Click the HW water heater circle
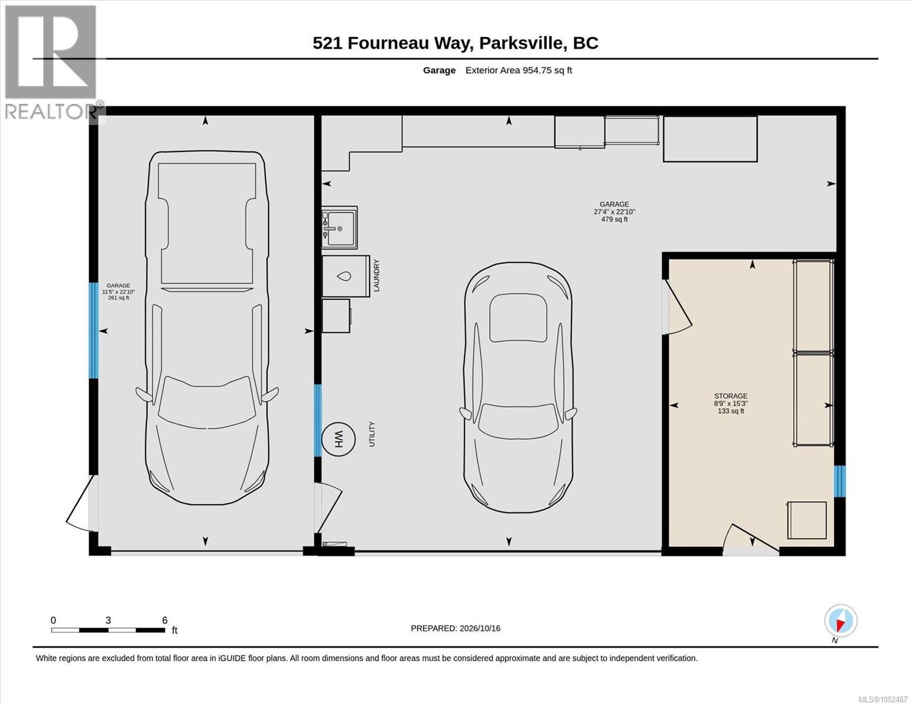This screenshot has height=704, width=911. [338, 439]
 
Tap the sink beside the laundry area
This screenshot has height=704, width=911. [340, 228]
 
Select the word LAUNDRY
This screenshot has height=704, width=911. [376, 276]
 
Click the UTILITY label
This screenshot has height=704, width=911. [372, 434]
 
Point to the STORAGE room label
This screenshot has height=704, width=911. [731, 396]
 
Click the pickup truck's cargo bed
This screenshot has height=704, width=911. [207, 223]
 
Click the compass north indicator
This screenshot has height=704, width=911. [841, 621]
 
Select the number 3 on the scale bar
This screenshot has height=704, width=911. [108, 621]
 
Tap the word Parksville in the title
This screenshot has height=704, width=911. [521, 43]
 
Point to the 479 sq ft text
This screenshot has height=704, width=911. [614, 219]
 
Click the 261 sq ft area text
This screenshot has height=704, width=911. [118, 297]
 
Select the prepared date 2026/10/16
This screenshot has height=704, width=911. [480, 628]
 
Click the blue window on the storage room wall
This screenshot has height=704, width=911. [840, 481]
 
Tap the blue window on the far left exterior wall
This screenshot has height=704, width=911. [94, 331]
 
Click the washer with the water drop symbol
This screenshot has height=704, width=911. [346, 276]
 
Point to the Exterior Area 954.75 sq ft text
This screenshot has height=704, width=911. [519, 70]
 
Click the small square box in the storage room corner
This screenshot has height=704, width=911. [807, 520]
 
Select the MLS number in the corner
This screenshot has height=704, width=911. [883, 699]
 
